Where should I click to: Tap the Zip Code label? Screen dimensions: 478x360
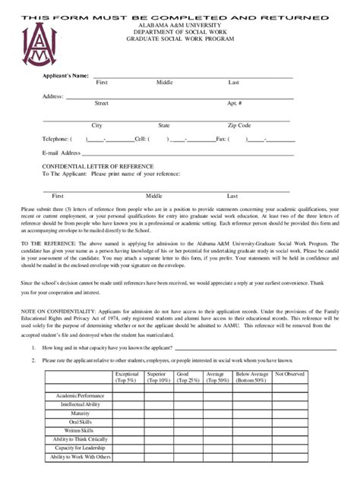[238, 125]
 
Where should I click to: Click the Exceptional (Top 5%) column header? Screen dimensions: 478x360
[126, 377]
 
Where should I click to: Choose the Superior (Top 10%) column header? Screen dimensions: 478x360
[157, 377]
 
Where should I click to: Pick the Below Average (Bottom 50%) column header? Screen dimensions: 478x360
[251, 377]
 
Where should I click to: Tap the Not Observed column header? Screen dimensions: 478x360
[289, 374]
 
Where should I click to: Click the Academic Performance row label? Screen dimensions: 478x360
[80, 396]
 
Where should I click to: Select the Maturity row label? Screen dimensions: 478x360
[80, 413]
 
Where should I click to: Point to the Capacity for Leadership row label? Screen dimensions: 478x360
[80, 448]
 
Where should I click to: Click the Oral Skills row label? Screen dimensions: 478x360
[80, 422]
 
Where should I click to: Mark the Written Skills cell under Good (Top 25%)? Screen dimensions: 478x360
[188, 430]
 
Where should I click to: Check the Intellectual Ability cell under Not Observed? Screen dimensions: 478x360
[289, 404]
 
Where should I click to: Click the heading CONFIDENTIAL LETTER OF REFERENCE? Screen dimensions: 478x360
[97, 166]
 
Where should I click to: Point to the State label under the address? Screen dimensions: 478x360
[164, 125]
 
